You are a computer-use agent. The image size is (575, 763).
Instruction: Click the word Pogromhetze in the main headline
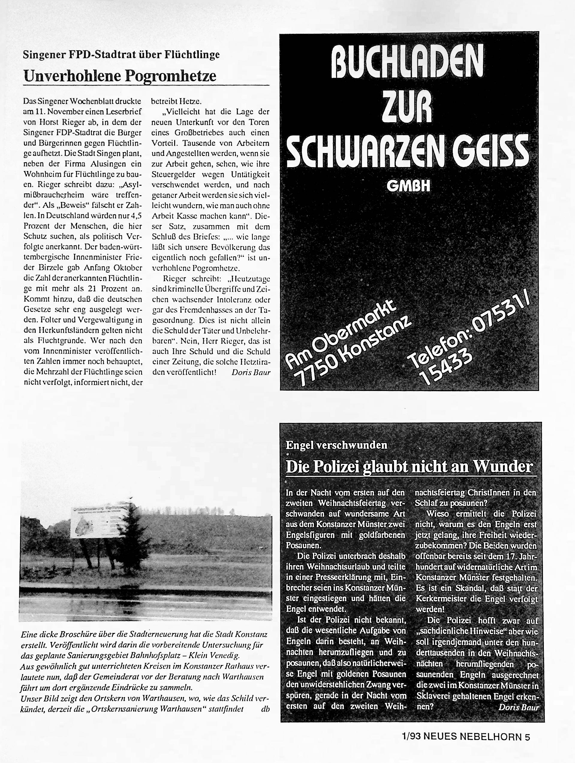[x=171, y=76]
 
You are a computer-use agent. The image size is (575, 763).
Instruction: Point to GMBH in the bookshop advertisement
[x=409, y=187]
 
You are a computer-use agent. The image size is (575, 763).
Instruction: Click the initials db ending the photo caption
[x=265, y=709]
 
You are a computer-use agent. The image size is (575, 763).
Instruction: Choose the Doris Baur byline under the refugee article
[x=251, y=373]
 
